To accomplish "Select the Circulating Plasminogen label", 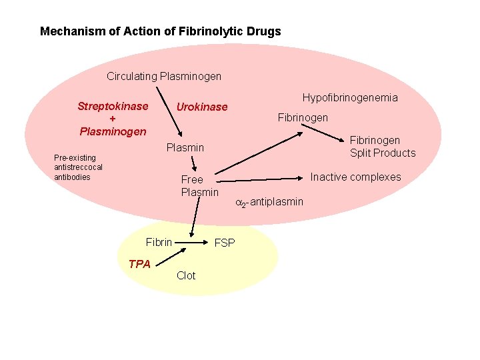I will pos(164,76).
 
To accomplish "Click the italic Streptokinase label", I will pos(113,106).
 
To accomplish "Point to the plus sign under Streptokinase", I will pos(113,119).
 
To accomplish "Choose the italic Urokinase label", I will pos(201,107).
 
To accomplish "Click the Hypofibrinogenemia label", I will pos(350,97).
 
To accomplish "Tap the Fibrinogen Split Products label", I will pos(383,147).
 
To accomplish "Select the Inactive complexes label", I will pos(356,177).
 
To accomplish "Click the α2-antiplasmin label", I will pos(269,202).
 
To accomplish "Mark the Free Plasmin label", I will pos(199,186).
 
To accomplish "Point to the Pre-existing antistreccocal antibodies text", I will pos(78,167).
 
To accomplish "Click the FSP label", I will pos(225,243).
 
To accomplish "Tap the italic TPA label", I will pos(139,264).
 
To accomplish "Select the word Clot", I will pos(186,275).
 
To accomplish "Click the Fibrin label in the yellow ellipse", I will pos(159,242).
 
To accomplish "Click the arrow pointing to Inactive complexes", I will pos(260,179).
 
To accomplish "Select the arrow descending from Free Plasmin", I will pos(194,217).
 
